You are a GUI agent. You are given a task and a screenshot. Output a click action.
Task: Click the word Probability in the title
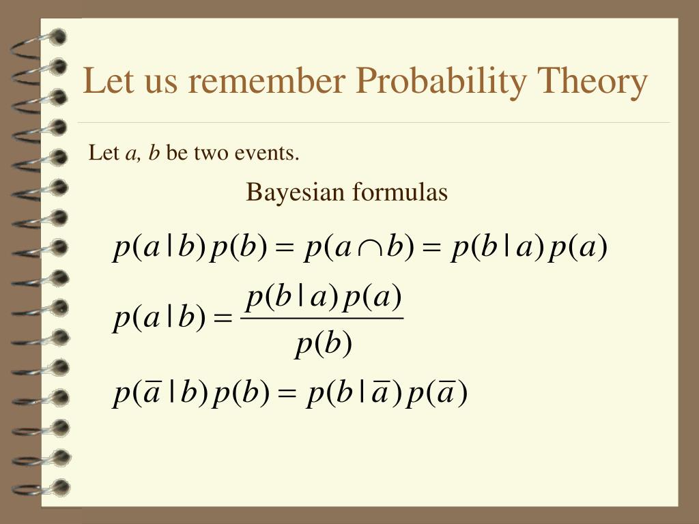click(442, 82)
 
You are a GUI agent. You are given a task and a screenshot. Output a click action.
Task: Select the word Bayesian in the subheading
click(295, 193)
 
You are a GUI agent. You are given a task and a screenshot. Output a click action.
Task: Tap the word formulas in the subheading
click(400, 192)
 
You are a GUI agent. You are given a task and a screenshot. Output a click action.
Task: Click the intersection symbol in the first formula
click(369, 250)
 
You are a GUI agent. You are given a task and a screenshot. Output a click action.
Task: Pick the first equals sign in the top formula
click(285, 248)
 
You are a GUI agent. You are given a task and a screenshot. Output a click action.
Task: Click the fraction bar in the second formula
click(322, 318)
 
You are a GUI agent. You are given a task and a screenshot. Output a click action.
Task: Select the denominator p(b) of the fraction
click(324, 345)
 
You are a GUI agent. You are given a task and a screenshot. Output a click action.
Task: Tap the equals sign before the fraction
click(223, 319)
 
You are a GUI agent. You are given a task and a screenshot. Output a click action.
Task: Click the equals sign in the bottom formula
click(287, 393)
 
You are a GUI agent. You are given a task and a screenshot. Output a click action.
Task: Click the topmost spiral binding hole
click(57, 37)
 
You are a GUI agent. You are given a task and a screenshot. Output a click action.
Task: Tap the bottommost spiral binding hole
click(60, 488)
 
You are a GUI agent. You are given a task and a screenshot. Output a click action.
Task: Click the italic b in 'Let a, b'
click(154, 153)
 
